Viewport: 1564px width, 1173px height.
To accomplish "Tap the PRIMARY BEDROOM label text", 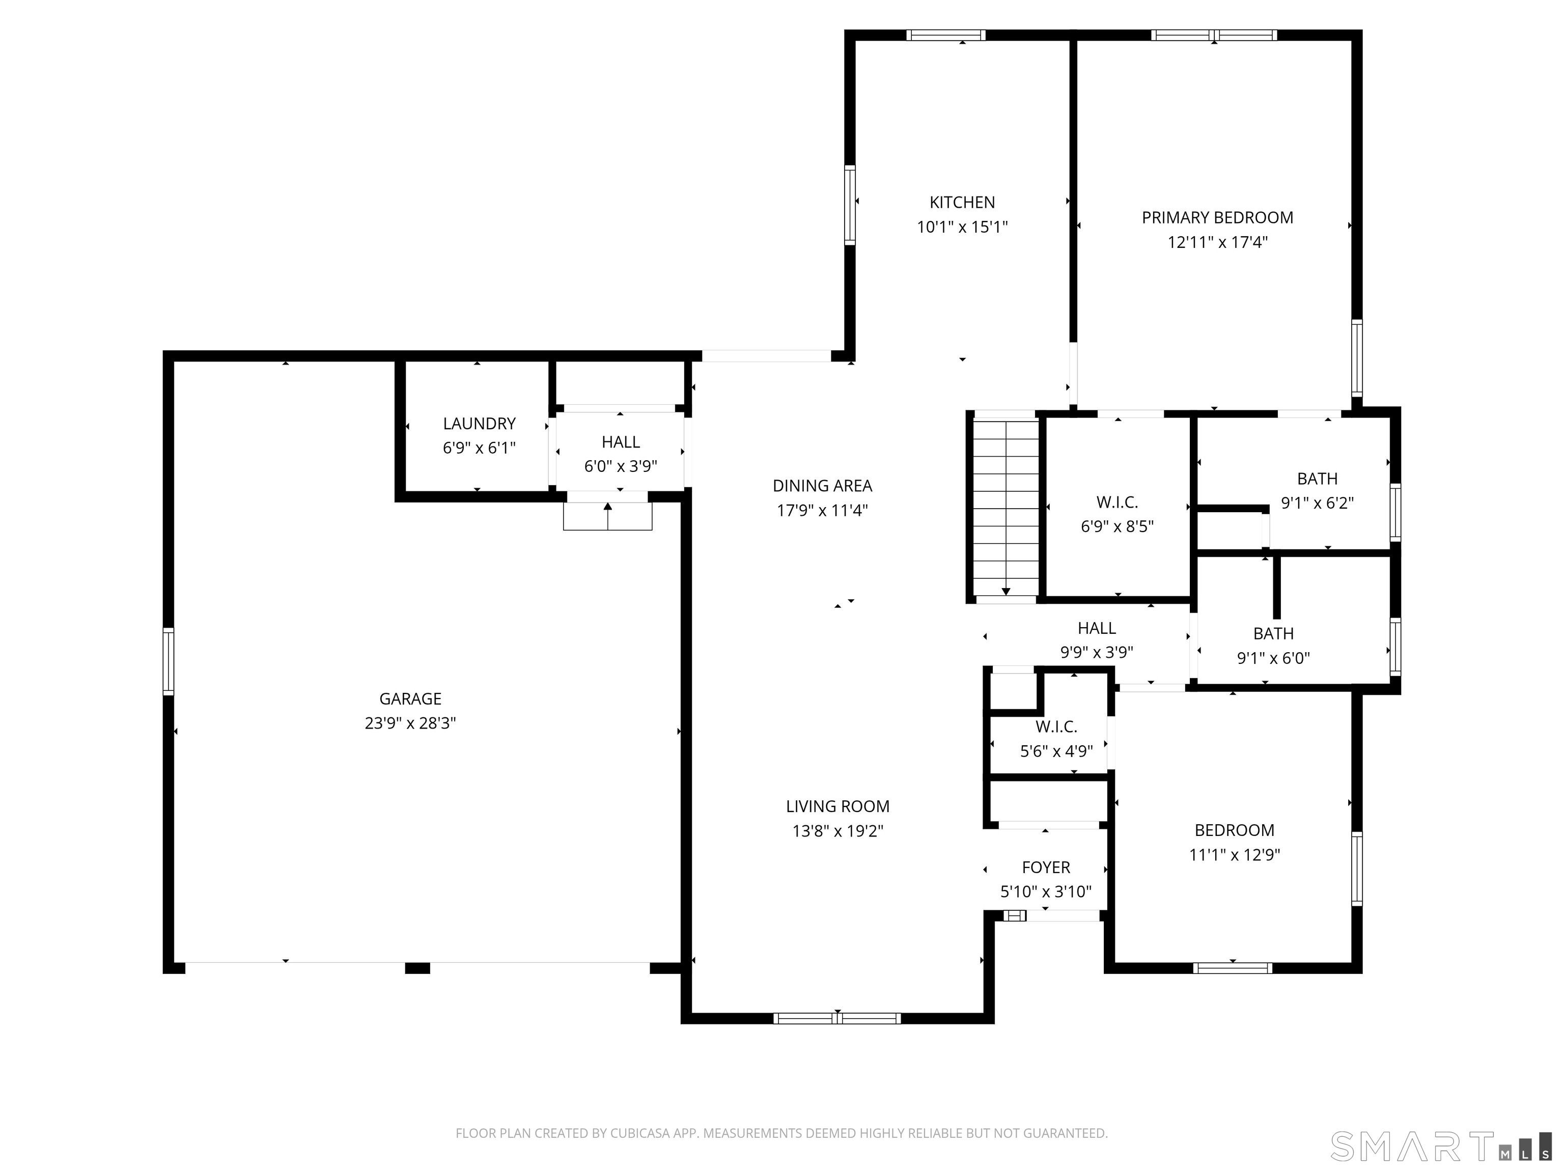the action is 1217,218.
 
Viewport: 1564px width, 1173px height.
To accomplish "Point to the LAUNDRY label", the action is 480,424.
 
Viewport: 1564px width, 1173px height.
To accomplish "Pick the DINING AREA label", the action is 822,486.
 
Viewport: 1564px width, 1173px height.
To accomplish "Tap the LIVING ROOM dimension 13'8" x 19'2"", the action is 838,831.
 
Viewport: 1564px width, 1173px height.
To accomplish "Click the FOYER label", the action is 1046,868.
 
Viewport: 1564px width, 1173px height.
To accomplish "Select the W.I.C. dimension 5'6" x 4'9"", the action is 1056,751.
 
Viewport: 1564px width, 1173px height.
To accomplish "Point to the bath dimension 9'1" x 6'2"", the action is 1317,502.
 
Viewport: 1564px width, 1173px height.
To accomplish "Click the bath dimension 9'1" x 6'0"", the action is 1273,658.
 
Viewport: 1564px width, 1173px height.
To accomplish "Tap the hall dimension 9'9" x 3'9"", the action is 1097,652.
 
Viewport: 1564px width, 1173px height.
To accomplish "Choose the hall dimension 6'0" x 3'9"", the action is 621,466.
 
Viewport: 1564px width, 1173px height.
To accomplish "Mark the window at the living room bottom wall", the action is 837,1018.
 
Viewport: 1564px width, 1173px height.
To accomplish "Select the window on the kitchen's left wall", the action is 850,205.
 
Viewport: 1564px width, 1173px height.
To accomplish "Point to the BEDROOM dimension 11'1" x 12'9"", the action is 1235,855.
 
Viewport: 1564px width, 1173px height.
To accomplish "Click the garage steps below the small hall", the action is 608,516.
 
